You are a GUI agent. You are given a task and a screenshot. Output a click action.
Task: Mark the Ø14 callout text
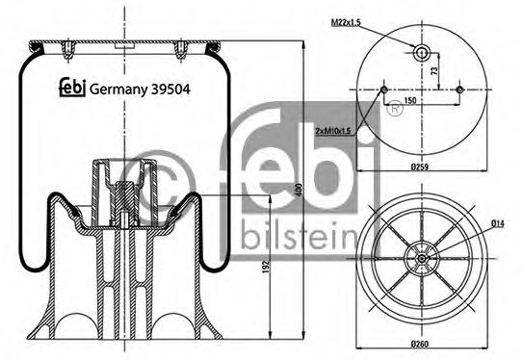click(497, 224)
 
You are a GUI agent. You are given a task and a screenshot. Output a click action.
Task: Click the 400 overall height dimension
click(310, 191)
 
